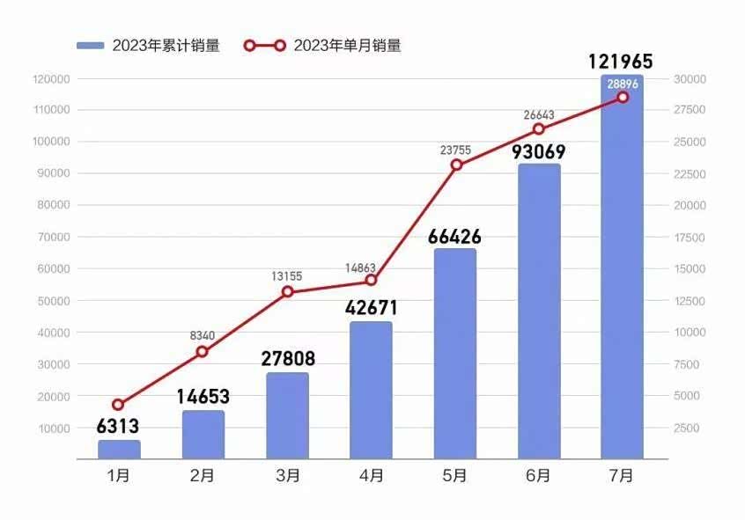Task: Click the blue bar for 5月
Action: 455,354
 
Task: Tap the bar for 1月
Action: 119,450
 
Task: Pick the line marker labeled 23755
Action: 456,165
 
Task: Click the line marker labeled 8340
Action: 202,352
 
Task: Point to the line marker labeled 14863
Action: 371,280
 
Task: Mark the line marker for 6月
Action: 539,129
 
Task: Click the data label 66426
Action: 455,237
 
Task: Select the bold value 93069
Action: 539,152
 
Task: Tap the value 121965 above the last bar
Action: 621,62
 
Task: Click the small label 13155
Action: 286,276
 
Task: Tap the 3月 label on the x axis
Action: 286,476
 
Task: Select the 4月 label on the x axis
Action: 371,476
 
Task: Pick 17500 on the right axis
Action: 690,238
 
